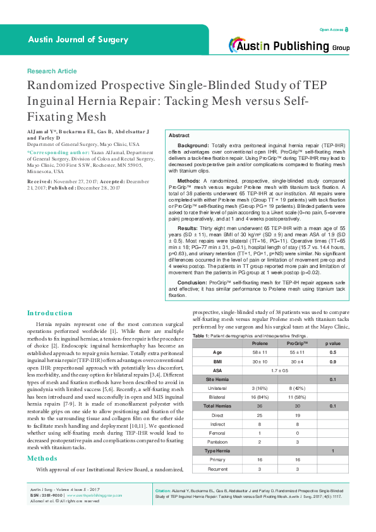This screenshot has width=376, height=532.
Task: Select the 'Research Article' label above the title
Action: [52, 71]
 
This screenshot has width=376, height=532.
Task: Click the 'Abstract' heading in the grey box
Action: [179, 136]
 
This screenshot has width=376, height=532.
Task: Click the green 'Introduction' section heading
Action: [50, 313]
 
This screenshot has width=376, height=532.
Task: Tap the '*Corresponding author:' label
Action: [53, 152]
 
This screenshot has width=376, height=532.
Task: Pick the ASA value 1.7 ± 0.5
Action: [278, 370]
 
